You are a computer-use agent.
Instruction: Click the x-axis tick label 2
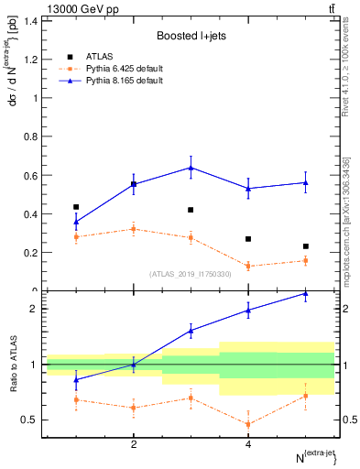pyautogui.click(x=134, y=445)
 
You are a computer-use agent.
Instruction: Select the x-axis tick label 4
pyautogui.click(x=248, y=445)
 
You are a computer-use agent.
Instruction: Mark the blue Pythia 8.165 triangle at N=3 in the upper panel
pyautogui.click(x=191, y=168)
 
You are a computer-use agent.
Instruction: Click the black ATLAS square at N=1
pyautogui.click(x=76, y=207)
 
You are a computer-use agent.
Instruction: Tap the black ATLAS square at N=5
pyautogui.click(x=305, y=246)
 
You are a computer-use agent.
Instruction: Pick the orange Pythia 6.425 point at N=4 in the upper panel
pyautogui.click(x=248, y=266)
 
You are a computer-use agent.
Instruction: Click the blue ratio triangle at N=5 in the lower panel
pyautogui.click(x=305, y=293)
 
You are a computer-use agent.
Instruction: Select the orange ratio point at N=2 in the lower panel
pyautogui.click(x=134, y=408)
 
